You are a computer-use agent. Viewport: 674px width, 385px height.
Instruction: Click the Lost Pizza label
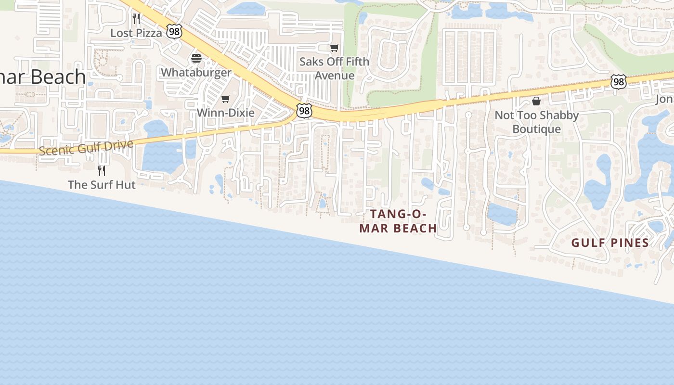tap(136, 33)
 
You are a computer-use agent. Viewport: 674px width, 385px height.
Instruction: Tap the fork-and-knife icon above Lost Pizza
tap(136, 19)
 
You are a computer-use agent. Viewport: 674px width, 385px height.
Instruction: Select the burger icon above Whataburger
tap(196, 58)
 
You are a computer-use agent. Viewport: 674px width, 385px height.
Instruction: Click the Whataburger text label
tap(196, 73)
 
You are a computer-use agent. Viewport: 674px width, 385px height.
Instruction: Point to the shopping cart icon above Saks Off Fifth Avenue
tap(334, 48)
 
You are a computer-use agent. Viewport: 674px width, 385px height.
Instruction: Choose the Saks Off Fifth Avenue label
tap(334, 68)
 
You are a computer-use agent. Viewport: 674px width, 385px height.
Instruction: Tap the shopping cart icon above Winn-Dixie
tap(225, 99)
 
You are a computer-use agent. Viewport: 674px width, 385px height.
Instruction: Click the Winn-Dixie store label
tap(225, 113)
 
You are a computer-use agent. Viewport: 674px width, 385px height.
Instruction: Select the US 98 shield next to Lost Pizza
tap(174, 32)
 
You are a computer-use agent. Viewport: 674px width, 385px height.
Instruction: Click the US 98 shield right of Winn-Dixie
tap(304, 111)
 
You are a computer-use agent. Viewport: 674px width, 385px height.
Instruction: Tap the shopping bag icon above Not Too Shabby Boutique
tap(536, 101)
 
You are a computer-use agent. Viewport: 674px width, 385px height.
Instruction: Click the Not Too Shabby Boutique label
tap(536, 122)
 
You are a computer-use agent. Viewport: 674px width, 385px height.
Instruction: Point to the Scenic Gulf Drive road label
tap(86, 148)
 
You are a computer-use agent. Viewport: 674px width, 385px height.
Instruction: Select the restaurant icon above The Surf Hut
tap(102, 170)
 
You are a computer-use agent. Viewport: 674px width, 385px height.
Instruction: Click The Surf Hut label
tap(102, 185)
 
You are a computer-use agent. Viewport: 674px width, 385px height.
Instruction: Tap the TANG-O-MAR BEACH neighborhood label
tap(398, 221)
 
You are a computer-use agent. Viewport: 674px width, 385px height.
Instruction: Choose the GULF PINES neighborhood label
tap(610, 243)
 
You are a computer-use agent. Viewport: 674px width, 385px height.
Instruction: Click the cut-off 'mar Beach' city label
tap(43, 77)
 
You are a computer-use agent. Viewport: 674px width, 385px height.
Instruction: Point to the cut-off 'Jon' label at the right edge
tap(664, 99)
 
